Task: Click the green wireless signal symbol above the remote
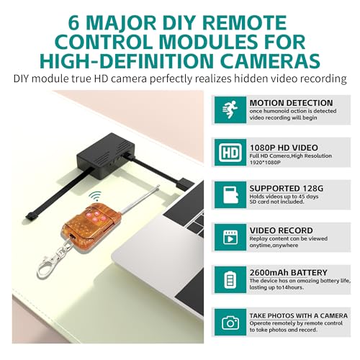[x=94, y=195]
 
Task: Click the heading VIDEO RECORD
[x=281, y=230]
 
